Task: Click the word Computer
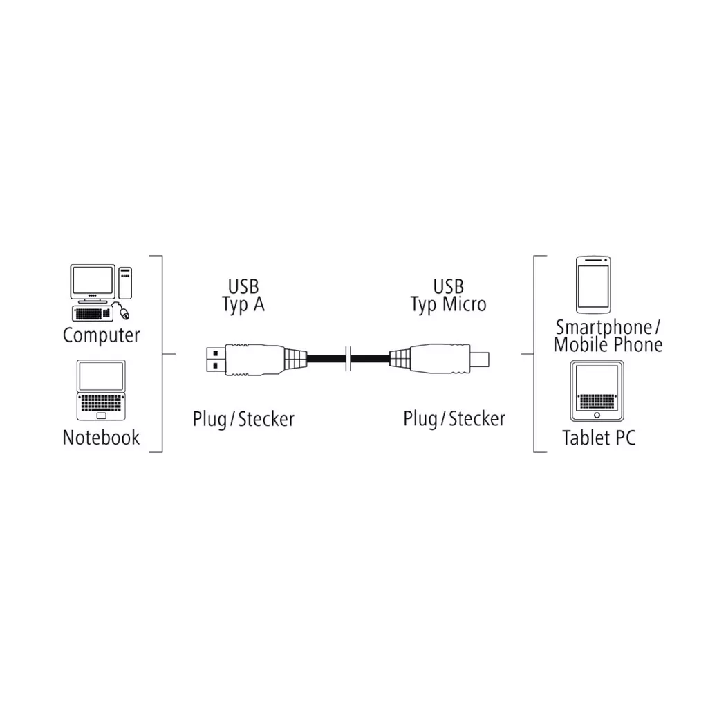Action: [x=101, y=335]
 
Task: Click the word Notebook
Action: [x=101, y=438]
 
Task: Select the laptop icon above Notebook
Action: [x=101, y=390]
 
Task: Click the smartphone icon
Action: [x=594, y=284]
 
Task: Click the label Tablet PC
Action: [x=598, y=438]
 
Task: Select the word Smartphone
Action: [x=603, y=327]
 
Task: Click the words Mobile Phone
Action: [x=608, y=344]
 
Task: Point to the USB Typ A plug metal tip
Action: [x=216, y=358]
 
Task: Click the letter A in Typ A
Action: [x=257, y=304]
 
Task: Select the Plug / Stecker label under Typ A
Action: [x=243, y=419]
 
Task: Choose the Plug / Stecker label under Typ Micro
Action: [x=454, y=419]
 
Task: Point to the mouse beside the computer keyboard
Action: [x=123, y=313]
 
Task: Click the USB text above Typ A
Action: [x=243, y=286]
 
